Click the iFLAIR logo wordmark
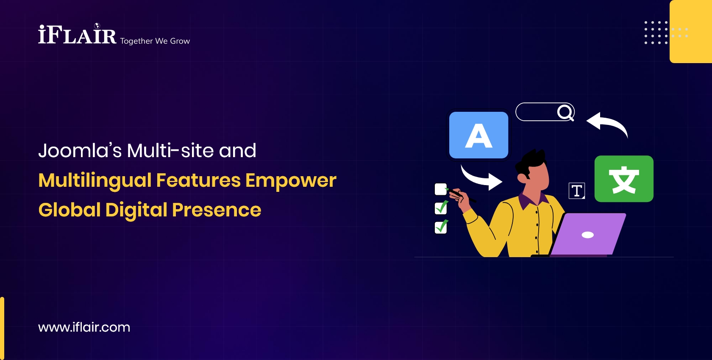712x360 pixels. coord(77,35)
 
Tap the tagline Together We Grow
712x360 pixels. coord(155,41)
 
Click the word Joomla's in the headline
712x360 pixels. coord(80,151)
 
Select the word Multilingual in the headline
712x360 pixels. coord(95,180)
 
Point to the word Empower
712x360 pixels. coord(291,180)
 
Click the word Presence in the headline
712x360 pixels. coord(217,210)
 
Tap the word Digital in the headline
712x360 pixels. coord(136,210)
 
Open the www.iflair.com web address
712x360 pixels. coord(84,327)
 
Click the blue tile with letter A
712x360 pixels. coord(478,135)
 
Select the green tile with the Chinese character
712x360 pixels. coord(624,179)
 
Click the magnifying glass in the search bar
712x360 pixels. coord(565,112)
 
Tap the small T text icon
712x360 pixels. coord(577,191)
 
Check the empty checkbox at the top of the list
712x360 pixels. coord(441,189)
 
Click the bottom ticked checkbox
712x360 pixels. coord(441,227)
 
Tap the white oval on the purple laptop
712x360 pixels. coord(587,235)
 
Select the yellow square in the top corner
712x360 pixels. coord(691,31)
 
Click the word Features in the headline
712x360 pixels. coord(198,180)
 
